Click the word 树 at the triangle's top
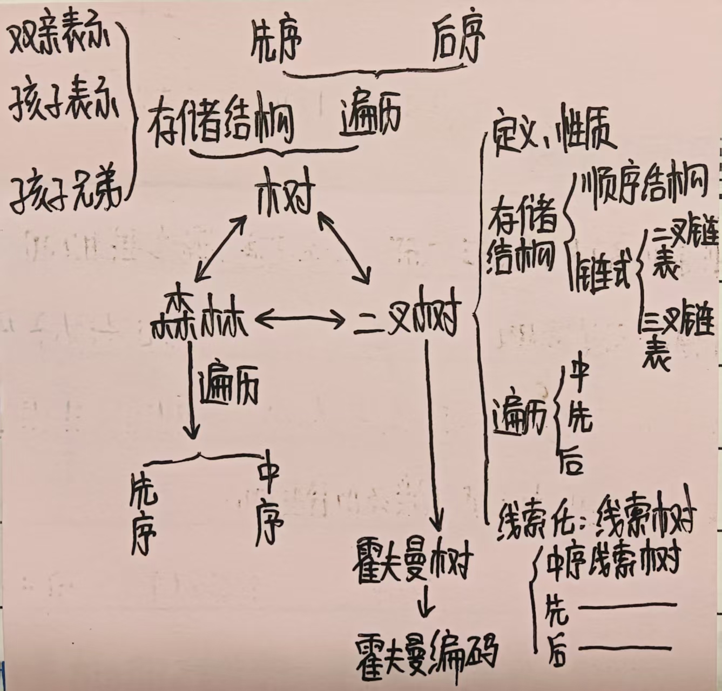(x=285, y=191)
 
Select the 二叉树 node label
(x=406, y=320)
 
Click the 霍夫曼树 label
(x=413, y=563)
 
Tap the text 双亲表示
(x=59, y=41)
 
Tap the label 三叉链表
(x=675, y=335)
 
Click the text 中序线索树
(x=613, y=562)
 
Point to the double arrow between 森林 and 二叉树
(x=300, y=320)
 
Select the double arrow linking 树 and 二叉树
(x=344, y=247)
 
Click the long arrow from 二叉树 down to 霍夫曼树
(x=432, y=432)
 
